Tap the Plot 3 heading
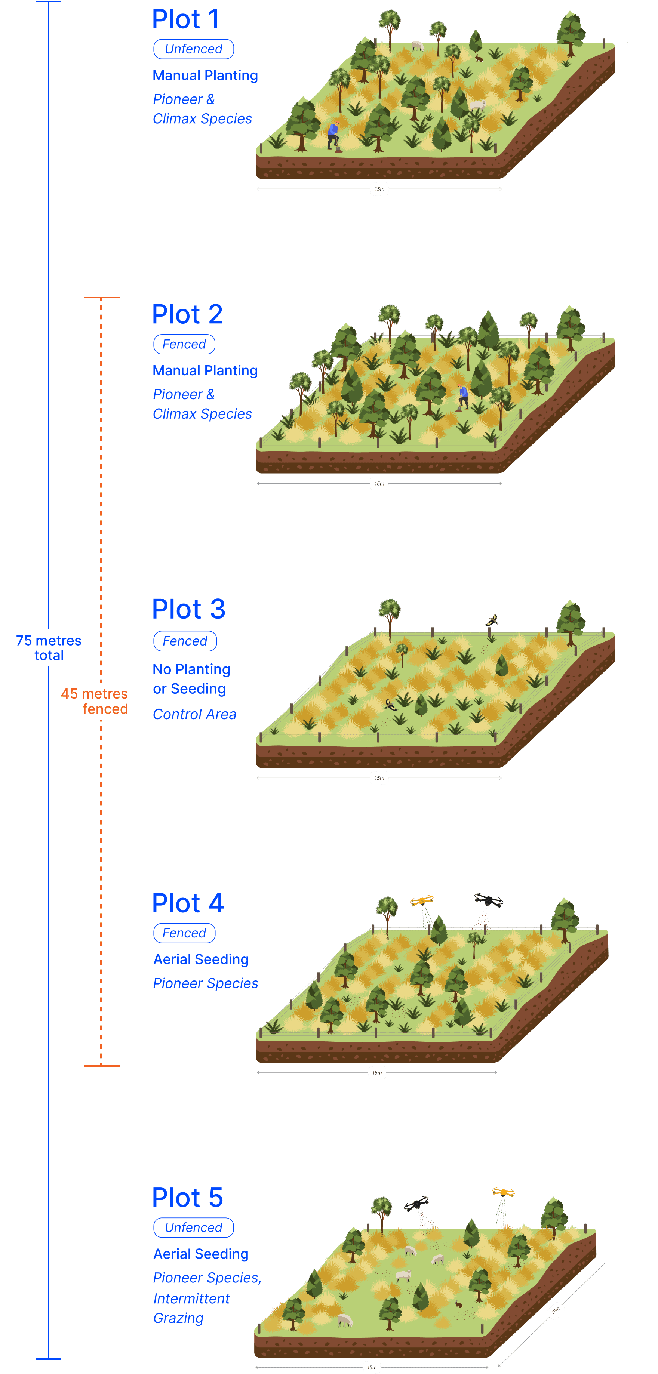pyautogui.click(x=188, y=609)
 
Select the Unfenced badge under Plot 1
pyautogui.click(x=193, y=49)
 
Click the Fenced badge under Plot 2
pyautogui.click(x=184, y=344)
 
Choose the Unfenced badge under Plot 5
pyautogui.click(x=193, y=1227)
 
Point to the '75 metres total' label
pyautogui.click(x=49, y=647)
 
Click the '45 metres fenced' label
pyautogui.click(x=95, y=701)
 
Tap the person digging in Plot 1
pyautogui.click(x=333, y=135)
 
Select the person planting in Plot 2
pyautogui.click(x=463, y=397)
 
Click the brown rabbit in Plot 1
pyautogui.click(x=479, y=58)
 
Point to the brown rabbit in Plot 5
pyautogui.click(x=458, y=1304)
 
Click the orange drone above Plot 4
pyautogui.click(x=422, y=901)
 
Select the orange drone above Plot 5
pyautogui.click(x=503, y=1192)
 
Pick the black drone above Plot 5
pyautogui.click(x=417, y=1203)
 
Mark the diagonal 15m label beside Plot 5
pyautogui.click(x=556, y=1310)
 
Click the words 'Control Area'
pyautogui.click(x=194, y=714)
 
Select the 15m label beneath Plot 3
pyautogui.click(x=379, y=778)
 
